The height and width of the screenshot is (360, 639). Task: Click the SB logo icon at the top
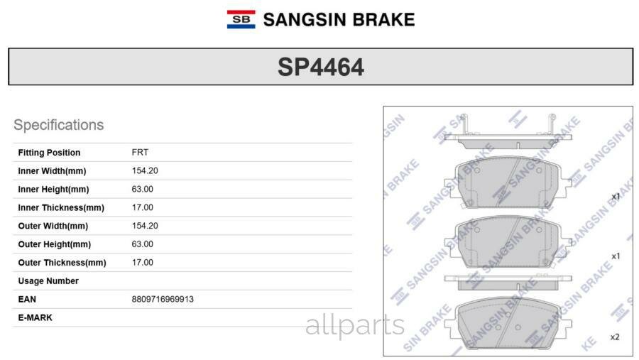click(241, 19)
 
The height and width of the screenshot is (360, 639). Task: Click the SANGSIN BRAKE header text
click(338, 20)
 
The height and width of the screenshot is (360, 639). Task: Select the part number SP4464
click(320, 67)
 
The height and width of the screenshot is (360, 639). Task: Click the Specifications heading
click(58, 125)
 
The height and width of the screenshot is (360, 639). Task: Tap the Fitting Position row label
click(49, 153)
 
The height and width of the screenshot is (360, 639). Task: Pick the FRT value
click(140, 153)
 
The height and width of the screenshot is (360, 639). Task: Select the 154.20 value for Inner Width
click(145, 171)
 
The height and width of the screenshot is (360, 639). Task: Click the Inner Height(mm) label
click(53, 190)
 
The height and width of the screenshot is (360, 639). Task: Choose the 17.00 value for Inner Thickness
click(142, 208)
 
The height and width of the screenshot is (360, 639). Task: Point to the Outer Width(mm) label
click(53, 226)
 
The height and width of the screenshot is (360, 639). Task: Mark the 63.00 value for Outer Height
click(142, 244)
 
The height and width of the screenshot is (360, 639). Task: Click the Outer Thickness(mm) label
click(62, 263)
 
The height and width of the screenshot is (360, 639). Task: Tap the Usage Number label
click(48, 281)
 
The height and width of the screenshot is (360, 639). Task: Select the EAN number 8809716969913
click(163, 300)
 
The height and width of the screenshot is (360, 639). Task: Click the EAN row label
click(27, 300)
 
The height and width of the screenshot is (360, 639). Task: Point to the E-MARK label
click(35, 317)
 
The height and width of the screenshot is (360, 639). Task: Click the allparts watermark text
click(355, 326)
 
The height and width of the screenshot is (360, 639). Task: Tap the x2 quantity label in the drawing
click(615, 337)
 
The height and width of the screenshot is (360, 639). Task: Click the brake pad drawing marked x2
click(507, 323)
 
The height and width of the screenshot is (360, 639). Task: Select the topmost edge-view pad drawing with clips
click(507, 135)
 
